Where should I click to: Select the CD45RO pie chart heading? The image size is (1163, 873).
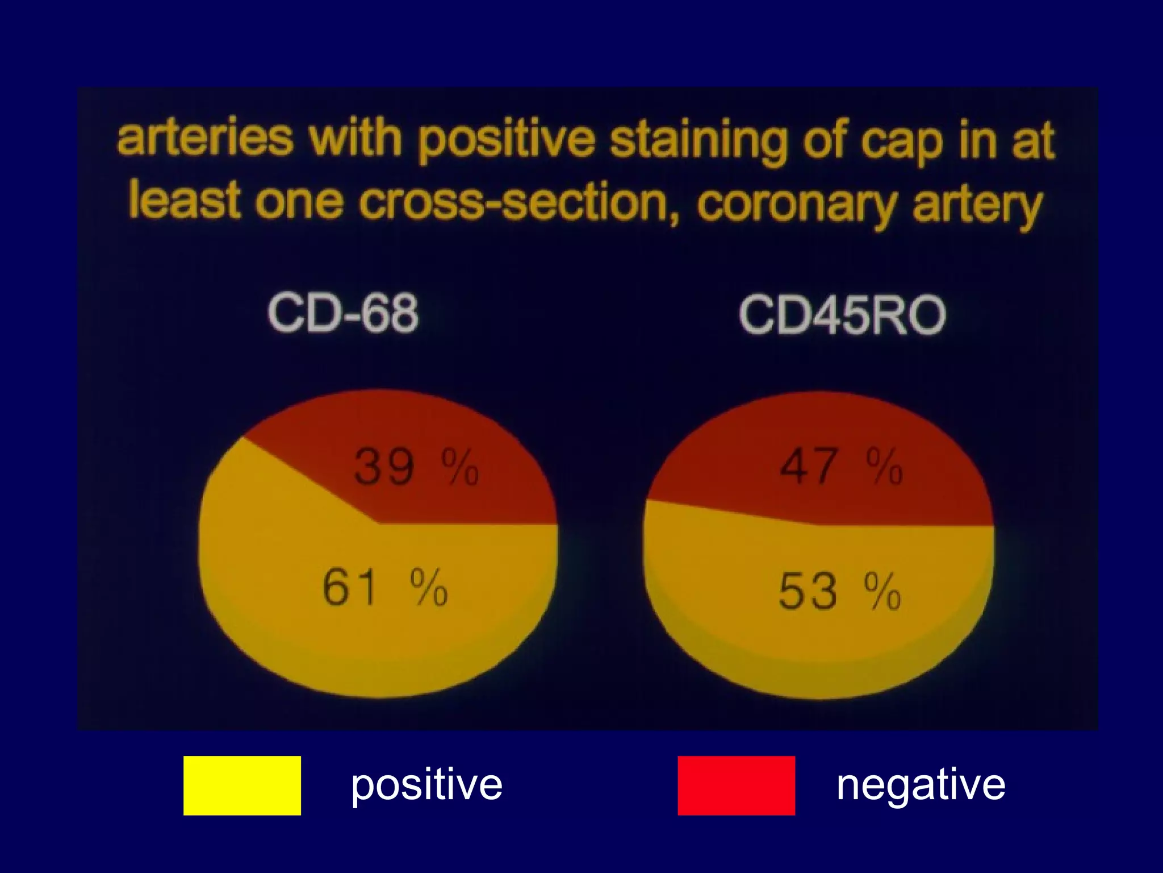(x=842, y=315)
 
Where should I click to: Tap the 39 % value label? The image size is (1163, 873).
(x=416, y=467)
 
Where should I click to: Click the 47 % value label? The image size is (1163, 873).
(x=841, y=466)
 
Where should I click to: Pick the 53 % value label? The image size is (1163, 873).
(x=839, y=591)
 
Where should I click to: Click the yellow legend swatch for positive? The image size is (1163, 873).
(x=242, y=785)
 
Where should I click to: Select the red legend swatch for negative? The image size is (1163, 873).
(x=736, y=785)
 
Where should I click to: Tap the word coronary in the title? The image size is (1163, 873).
(x=798, y=205)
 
